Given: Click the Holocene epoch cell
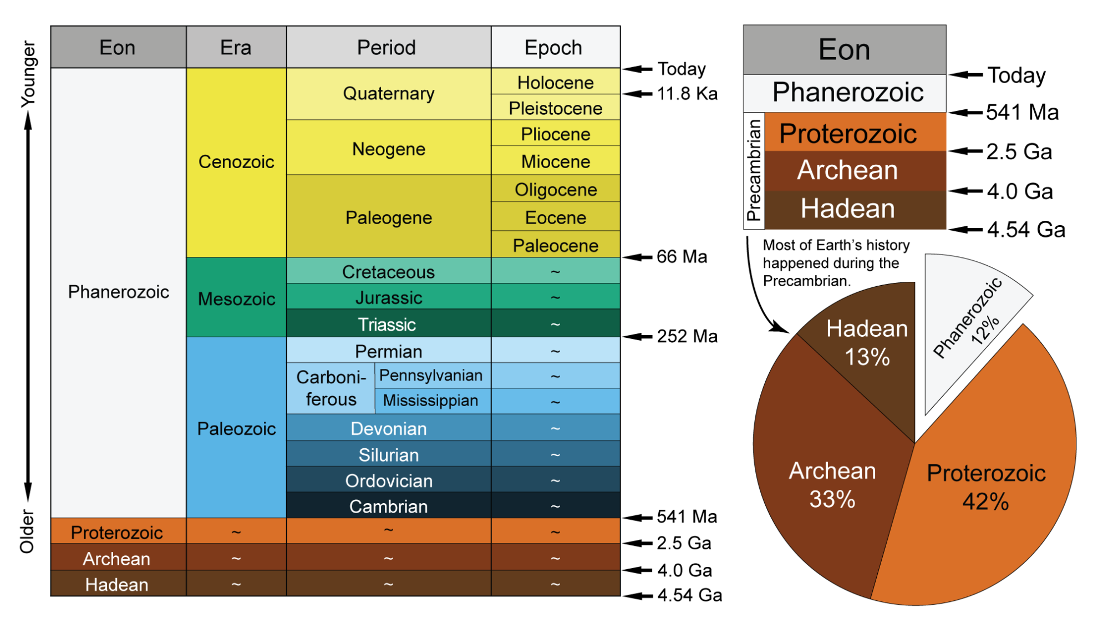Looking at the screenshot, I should click(x=555, y=82).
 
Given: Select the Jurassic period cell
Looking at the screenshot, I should click(x=388, y=297).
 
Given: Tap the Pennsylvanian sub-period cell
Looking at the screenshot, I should click(x=431, y=376).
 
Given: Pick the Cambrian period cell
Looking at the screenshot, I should click(x=388, y=506).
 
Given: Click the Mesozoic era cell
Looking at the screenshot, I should click(x=236, y=298).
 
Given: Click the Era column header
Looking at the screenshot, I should click(x=236, y=48).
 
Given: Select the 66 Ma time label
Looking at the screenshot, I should click(x=682, y=257).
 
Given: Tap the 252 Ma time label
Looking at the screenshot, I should click(x=687, y=336).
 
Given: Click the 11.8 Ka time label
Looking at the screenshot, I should click(x=687, y=94).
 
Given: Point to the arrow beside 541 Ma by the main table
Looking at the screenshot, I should click(x=637, y=518).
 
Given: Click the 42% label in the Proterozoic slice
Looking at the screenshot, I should click(x=985, y=502).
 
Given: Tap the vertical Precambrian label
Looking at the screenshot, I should click(x=754, y=170).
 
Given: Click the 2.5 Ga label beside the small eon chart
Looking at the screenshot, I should click(x=1019, y=151).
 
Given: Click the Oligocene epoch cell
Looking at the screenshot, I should click(x=555, y=189).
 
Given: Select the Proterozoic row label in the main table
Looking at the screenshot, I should click(x=117, y=532).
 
